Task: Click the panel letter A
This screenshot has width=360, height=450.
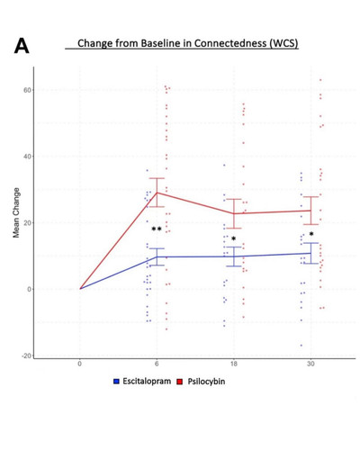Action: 22,47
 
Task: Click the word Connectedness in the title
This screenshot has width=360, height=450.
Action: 230,43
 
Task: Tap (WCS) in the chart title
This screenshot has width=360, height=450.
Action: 283,44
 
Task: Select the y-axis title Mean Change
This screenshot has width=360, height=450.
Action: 16,212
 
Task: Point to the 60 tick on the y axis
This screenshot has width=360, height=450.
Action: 27,90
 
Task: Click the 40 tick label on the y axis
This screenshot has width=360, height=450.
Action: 27,157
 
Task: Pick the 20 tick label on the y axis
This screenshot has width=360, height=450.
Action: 27,223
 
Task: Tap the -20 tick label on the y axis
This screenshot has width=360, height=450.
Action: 26,355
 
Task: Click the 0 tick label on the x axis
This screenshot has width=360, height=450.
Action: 79,364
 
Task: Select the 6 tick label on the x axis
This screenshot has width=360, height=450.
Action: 157,364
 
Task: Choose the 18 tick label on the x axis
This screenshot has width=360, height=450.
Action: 234,364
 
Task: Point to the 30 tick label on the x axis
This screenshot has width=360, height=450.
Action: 310,364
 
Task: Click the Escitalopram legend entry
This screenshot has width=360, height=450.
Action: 142,382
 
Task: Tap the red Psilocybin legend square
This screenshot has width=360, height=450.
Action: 180,382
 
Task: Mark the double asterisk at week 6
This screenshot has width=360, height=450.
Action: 157,229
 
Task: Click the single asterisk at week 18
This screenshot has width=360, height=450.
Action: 234,238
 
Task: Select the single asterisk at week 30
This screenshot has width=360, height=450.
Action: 311,234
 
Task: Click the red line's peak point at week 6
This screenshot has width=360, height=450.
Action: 157,193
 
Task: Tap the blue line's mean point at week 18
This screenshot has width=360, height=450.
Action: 234,256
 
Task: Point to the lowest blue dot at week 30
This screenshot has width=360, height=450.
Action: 301,346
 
